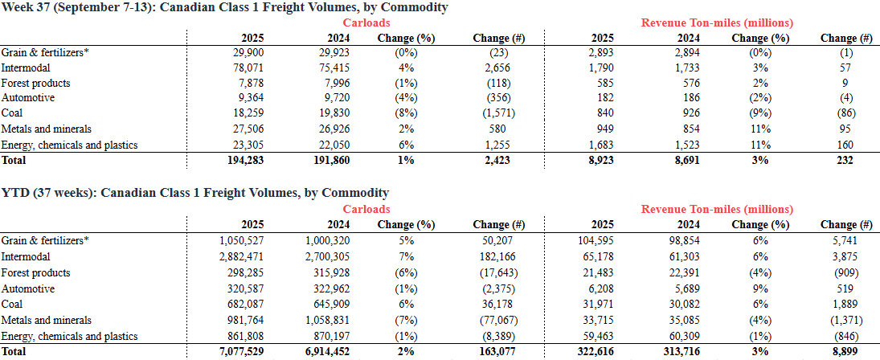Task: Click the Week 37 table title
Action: (x=224, y=8)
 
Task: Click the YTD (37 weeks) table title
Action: (x=194, y=193)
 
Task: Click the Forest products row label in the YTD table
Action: (x=36, y=273)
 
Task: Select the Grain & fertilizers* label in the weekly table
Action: (x=45, y=52)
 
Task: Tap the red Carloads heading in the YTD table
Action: (x=367, y=209)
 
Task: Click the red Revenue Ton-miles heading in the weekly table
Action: (x=717, y=23)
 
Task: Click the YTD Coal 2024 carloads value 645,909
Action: (x=332, y=305)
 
